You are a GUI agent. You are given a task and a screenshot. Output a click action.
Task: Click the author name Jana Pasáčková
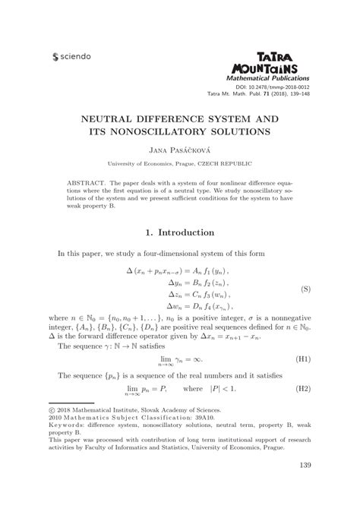click(x=180, y=150)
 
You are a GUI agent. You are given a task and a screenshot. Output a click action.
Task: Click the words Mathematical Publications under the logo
click(x=269, y=77)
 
